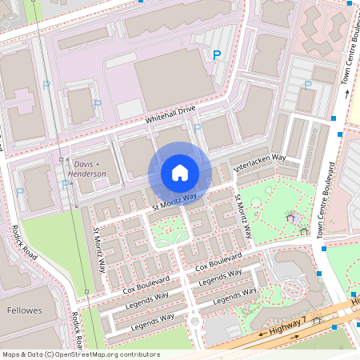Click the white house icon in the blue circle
(x=180, y=173)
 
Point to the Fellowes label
(x=24, y=310)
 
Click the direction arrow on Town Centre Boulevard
(x=346, y=94)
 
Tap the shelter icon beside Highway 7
(x=318, y=321)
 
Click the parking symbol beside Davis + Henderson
(x=65, y=185)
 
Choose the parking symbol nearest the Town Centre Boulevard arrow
(x=307, y=85)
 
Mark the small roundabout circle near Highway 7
(x=194, y=322)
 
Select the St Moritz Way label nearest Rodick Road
(x=100, y=250)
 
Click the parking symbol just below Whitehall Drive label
(x=197, y=127)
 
